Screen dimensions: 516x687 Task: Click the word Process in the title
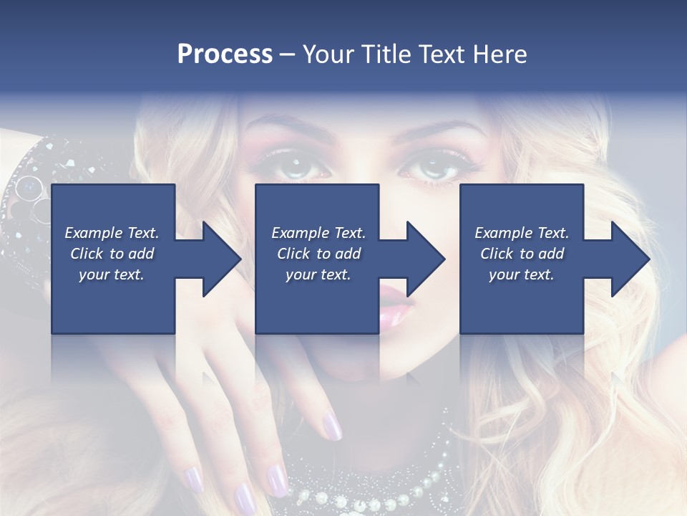(x=225, y=54)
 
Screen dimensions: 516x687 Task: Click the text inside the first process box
(x=112, y=254)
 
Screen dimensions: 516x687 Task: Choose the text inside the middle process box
(x=318, y=254)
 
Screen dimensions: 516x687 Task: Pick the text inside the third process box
(x=522, y=254)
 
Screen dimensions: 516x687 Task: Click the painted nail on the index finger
(x=331, y=426)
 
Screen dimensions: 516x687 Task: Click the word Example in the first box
(x=94, y=233)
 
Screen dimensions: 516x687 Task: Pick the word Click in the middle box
(x=293, y=254)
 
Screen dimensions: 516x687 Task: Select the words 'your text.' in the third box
(x=522, y=274)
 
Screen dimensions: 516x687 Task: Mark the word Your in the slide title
(x=328, y=54)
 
